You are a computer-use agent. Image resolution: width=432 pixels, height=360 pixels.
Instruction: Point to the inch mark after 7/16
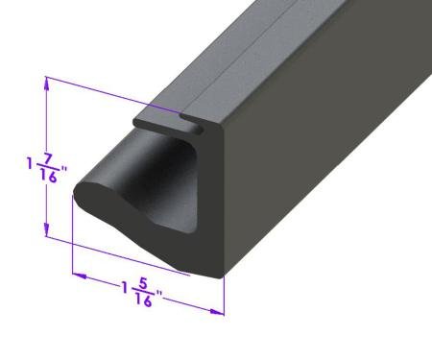(x=64, y=174)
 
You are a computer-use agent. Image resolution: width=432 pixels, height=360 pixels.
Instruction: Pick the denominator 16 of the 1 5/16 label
(x=147, y=300)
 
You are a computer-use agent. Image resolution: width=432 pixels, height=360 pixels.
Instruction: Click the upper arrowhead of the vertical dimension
(x=46, y=85)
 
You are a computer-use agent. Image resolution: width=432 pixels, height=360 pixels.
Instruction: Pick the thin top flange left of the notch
(x=158, y=121)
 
